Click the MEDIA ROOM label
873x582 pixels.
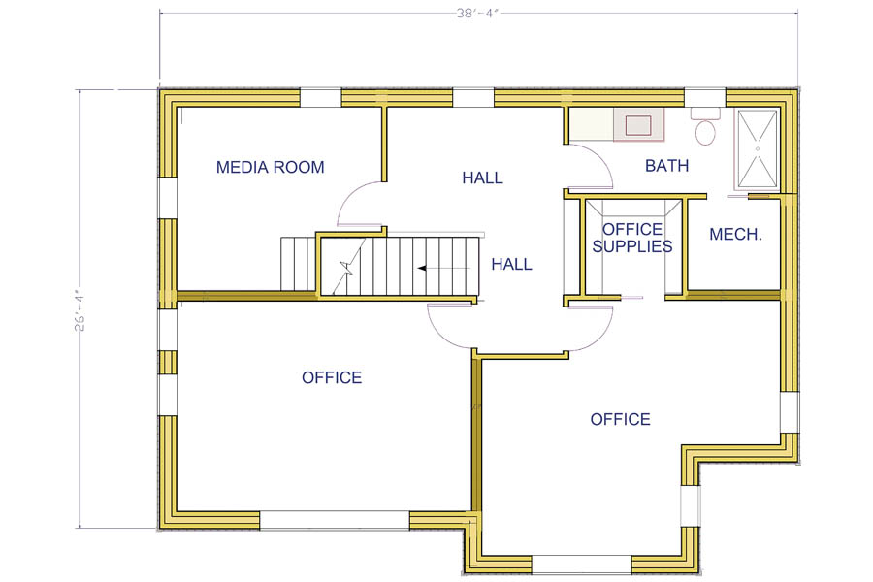pos(270,167)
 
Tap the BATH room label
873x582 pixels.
pos(667,166)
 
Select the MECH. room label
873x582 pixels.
pos(735,235)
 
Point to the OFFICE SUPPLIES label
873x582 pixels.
pos(631,238)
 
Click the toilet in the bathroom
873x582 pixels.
pos(705,127)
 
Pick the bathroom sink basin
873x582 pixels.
pos(638,125)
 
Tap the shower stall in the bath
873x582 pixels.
pos(758,149)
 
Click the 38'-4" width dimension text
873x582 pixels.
pos(476,13)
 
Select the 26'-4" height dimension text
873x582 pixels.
pos(81,309)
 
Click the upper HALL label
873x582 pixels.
pos(483,178)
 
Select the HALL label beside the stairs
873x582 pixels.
pos(511,264)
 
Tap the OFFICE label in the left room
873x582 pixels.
pos(332,378)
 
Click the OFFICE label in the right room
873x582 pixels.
pos(620,419)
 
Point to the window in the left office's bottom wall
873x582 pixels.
pos(335,520)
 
